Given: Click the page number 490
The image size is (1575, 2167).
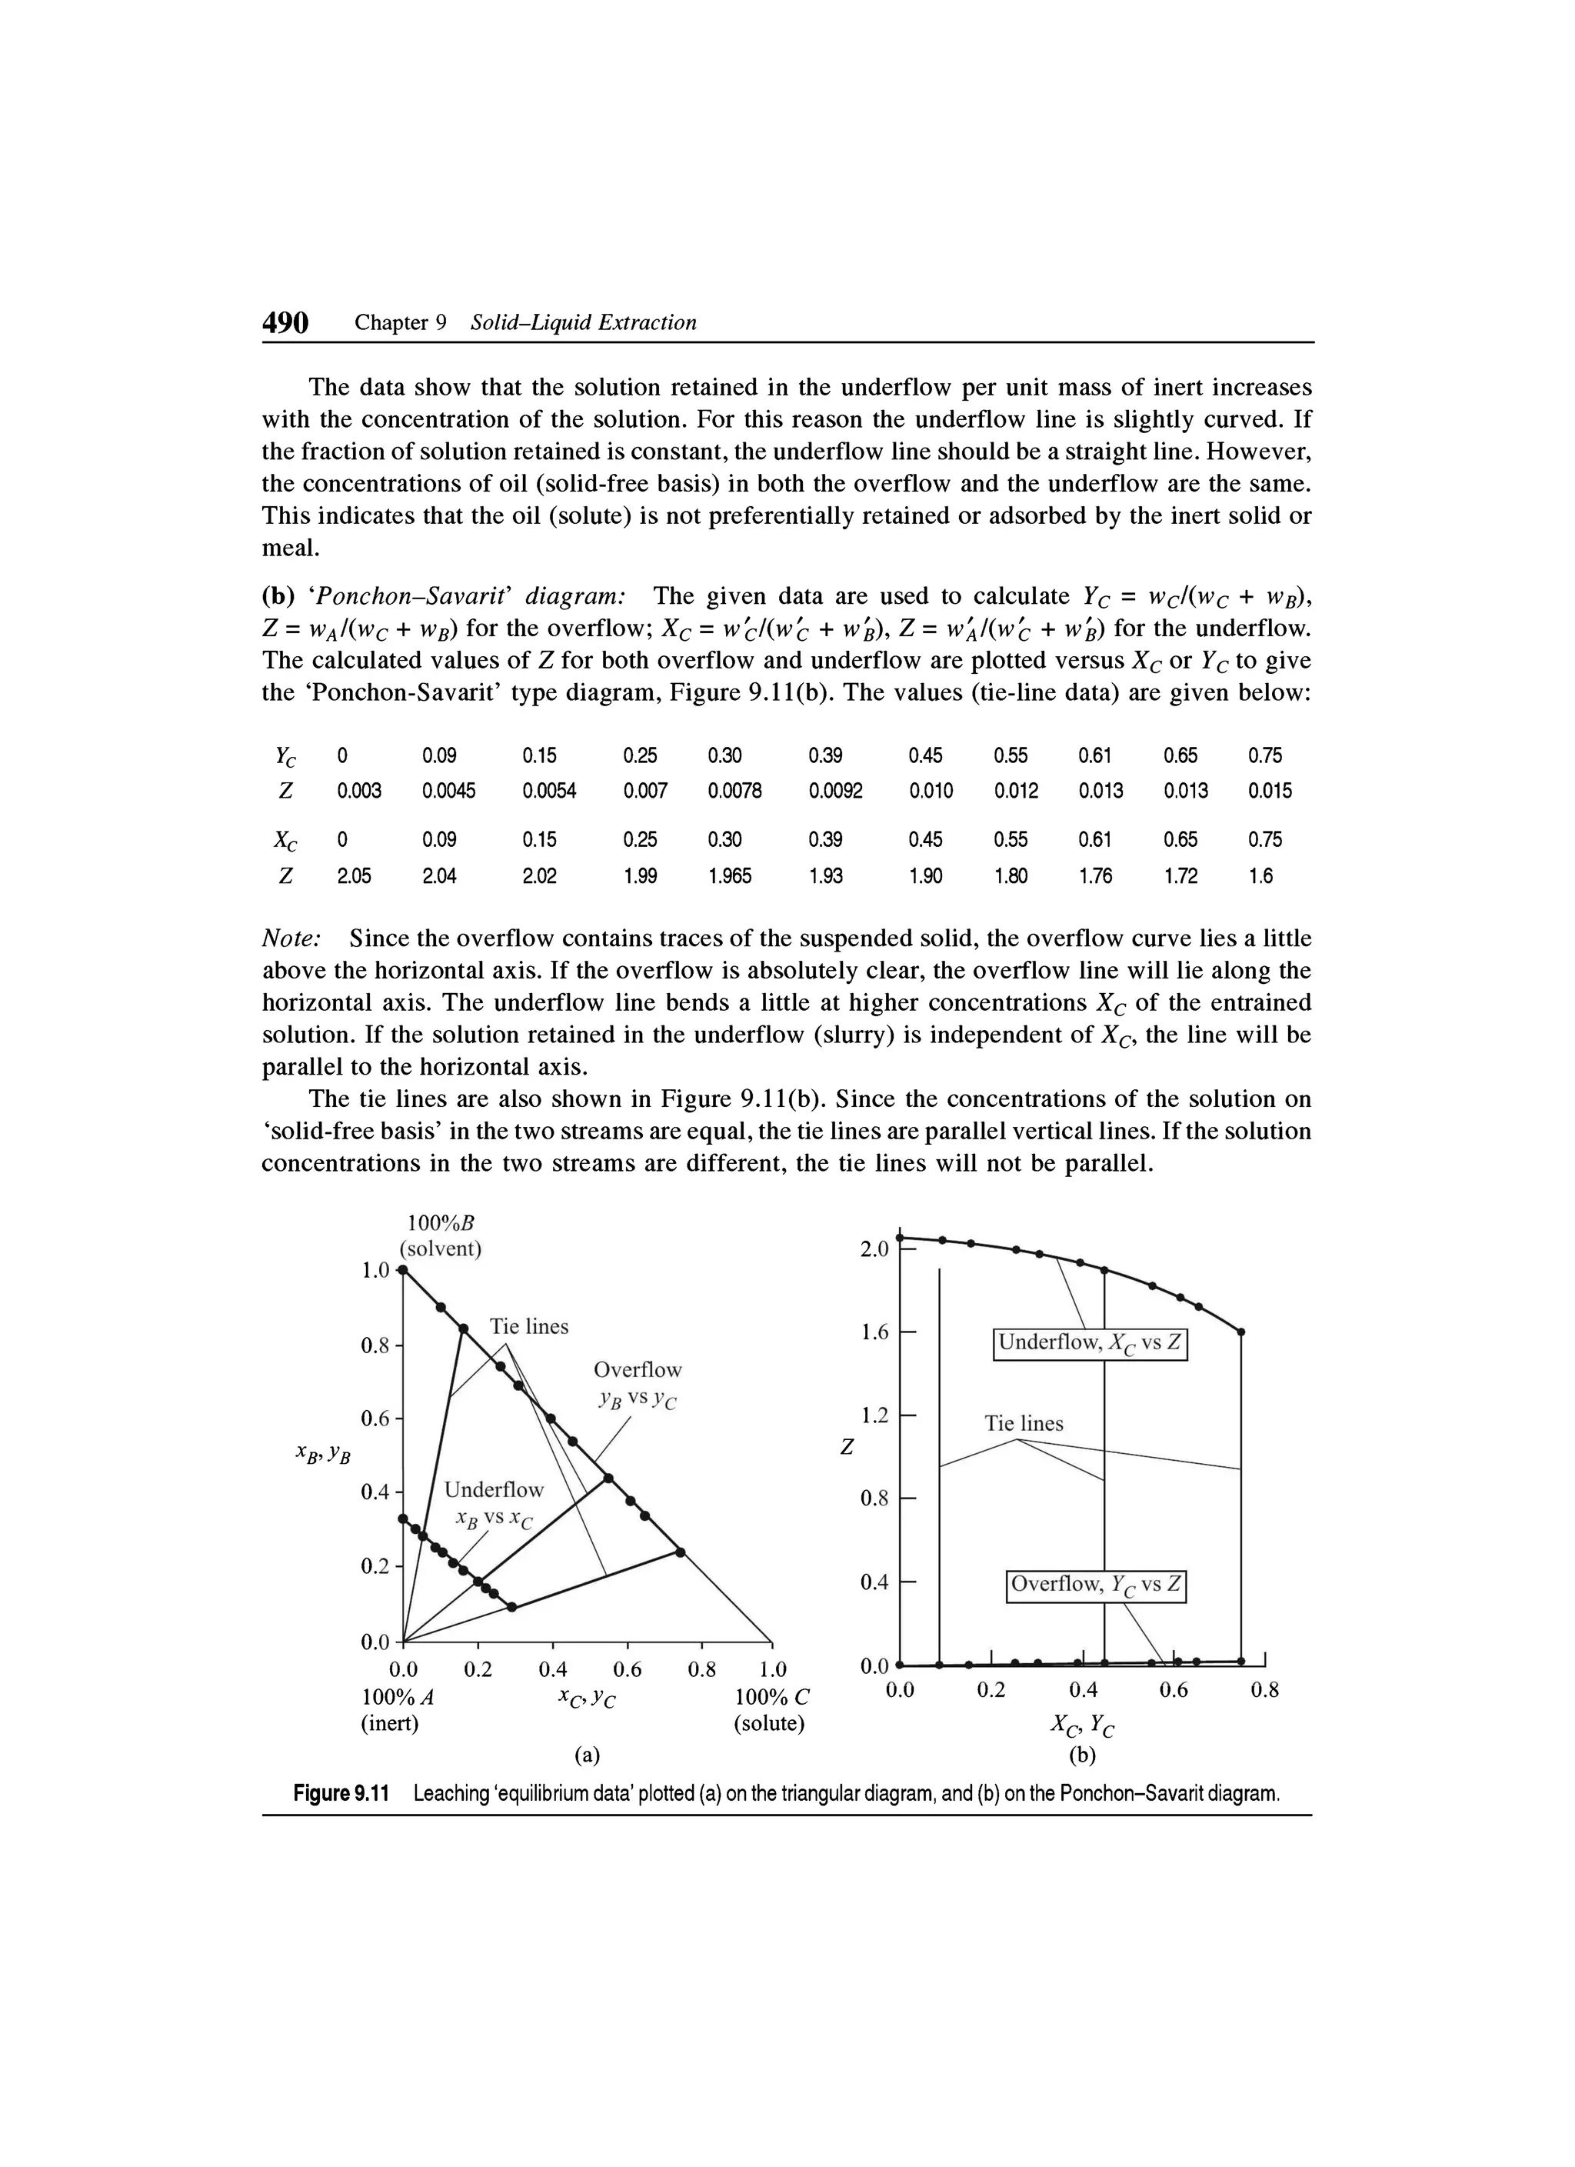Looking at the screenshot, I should click(285, 323).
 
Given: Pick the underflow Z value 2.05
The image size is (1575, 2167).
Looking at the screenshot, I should click(354, 876).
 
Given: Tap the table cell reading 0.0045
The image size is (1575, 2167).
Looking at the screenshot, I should click(448, 791).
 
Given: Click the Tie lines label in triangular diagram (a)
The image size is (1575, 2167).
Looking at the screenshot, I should click(528, 1326).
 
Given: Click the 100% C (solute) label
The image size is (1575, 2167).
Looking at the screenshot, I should click(770, 1712).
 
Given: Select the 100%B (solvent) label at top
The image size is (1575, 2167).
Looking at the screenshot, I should click(441, 1236).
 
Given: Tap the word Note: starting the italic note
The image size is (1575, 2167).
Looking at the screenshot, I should click(291, 939).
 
